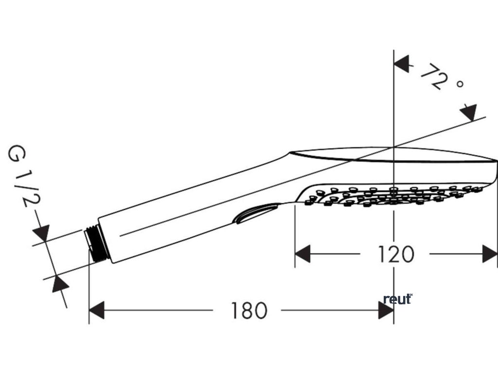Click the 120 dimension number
396,254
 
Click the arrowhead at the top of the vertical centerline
401,64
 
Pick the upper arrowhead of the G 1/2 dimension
42,233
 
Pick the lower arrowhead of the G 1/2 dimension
59,283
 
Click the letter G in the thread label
17,154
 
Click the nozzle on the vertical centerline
394,188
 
